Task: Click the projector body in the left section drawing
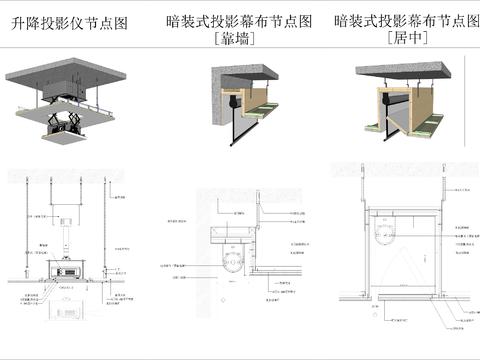point(68,270)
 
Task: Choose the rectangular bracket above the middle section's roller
point(232,236)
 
